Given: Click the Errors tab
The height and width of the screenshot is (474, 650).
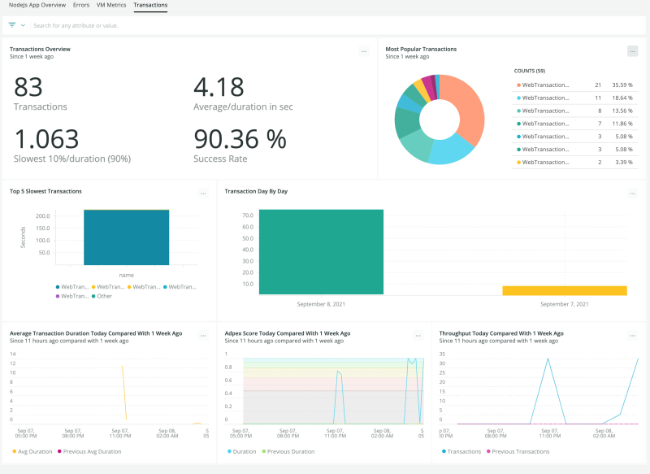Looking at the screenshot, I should coord(80,5).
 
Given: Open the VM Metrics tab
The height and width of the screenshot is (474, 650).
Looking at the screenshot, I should coord(111,5).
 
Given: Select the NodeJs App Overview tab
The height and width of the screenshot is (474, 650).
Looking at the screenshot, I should coord(36,5).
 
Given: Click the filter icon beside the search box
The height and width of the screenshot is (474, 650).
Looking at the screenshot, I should coord(12,25).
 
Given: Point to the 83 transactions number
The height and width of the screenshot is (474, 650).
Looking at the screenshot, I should coord(28,88).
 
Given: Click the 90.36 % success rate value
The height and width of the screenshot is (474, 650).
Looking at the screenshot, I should coord(240,139).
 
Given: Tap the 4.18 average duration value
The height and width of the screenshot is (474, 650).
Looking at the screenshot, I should coord(219,88).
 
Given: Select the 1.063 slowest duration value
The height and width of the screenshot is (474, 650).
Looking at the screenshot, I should coord(46,139).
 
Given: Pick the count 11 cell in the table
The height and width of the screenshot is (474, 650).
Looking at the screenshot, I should coord(597,98).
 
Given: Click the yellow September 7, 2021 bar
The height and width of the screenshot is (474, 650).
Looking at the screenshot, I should coord(564,290).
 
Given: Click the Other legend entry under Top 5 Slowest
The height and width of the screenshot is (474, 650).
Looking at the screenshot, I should coord(104,296).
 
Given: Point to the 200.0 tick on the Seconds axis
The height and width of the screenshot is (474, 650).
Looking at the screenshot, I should coord(42,216).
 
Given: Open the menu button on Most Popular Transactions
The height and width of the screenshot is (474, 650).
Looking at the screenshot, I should coord(632,51).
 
